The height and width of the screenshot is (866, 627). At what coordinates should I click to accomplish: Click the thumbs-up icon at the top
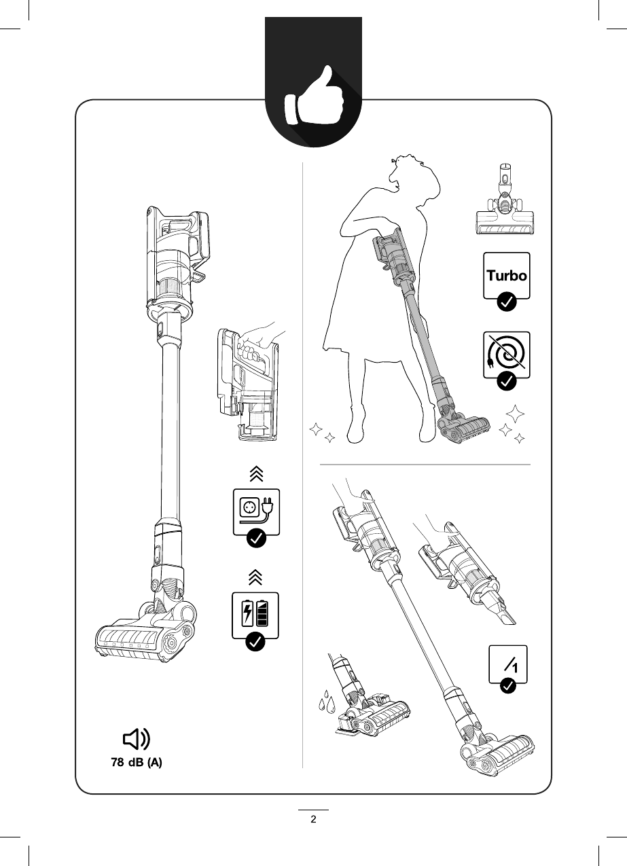313,103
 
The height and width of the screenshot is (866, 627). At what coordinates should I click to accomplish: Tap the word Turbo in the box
506,276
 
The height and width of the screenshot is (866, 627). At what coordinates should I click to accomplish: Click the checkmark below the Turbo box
506,302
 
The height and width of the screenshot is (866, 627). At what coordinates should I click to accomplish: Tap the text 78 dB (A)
137,763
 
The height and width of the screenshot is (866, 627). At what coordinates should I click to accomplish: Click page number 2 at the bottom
313,818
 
